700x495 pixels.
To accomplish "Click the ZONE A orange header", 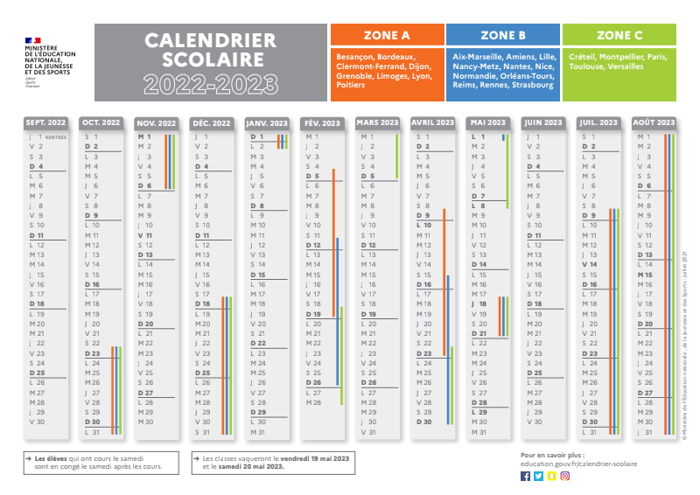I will pos(386,35).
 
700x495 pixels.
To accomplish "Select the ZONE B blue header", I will pos(503,35).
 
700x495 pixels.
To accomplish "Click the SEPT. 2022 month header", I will pos(47,122).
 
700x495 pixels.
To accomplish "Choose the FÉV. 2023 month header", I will pos(324,122).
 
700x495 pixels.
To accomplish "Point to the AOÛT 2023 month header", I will pos(654,122).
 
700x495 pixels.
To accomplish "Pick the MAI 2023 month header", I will pos(488,122).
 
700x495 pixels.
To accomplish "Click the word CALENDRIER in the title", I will pos(210,40).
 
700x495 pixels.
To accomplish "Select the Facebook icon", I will pos(525,476).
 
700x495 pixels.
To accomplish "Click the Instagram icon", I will pos(565,476).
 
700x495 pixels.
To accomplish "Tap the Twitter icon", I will pos(538,476).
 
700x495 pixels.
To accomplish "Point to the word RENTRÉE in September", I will pos(56,137).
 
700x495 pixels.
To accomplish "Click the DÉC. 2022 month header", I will pos(212,122).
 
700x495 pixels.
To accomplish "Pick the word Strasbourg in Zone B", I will pos(533,85).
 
